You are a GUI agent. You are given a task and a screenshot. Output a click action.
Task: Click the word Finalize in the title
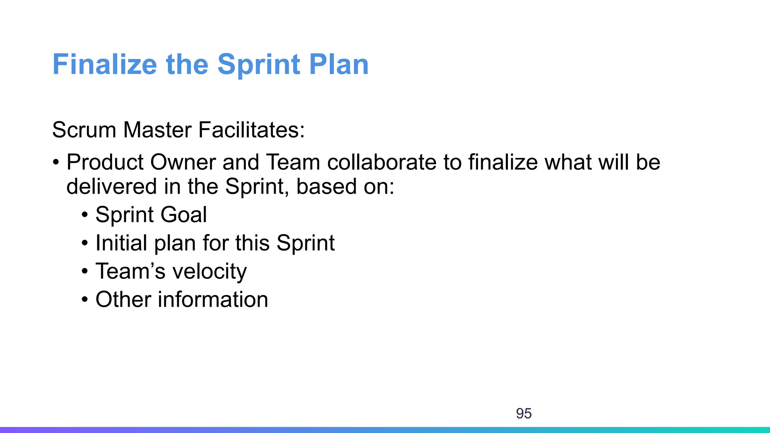[x=105, y=64]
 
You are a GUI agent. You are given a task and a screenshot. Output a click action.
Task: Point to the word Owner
[x=183, y=162]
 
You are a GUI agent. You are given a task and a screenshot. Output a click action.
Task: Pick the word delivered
[x=111, y=186]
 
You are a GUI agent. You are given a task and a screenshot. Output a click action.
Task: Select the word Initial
[x=121, y=243]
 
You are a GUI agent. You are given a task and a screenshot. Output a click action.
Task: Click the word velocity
[x=209, y=271]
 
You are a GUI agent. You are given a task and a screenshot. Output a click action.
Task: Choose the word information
[x=213, y=300]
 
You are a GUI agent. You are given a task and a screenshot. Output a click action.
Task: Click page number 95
[x=524, y=413]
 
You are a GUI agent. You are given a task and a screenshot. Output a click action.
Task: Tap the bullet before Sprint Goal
[x=85, y=215]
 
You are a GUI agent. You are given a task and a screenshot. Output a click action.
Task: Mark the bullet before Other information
[x=85, y=300]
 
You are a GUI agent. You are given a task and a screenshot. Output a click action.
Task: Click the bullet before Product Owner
[x=56, y=163]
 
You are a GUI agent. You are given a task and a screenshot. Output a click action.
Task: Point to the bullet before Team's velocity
[x=85, y=272]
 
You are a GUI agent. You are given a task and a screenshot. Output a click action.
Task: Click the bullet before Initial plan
[x=85, y=244]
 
